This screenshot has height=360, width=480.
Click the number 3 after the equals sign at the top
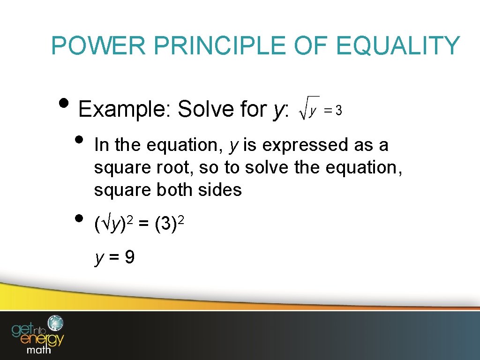(338, 111)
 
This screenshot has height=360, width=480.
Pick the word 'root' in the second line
(174, 168)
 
